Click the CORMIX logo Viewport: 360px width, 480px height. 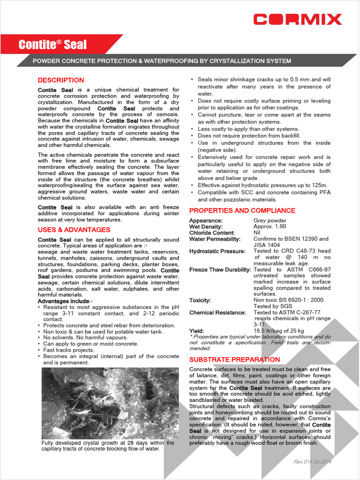click(298, 19)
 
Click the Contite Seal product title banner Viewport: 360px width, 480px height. click(52, 45)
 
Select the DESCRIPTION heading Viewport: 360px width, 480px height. click(61, 80)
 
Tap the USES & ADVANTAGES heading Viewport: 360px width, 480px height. click(74, 230)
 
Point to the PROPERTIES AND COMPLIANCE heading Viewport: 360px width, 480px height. click(242, 210)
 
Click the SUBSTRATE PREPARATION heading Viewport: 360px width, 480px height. click(234, 360)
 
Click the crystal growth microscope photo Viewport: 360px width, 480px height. click(110, 403)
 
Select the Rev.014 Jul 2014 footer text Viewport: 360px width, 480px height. click(312, 462)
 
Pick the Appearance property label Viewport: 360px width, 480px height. click(206, 221)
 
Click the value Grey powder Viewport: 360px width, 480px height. click(270, 221)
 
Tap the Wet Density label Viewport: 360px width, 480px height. click(206, 227)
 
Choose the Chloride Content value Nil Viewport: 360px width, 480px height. click(257, 233)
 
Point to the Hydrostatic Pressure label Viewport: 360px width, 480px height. click(217, 251)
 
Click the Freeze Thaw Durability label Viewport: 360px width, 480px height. click(220, 270)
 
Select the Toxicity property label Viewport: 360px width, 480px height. click(200, 300)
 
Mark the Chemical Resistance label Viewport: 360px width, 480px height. click(217, 313)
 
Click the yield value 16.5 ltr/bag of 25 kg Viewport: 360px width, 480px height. click(278, 331)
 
